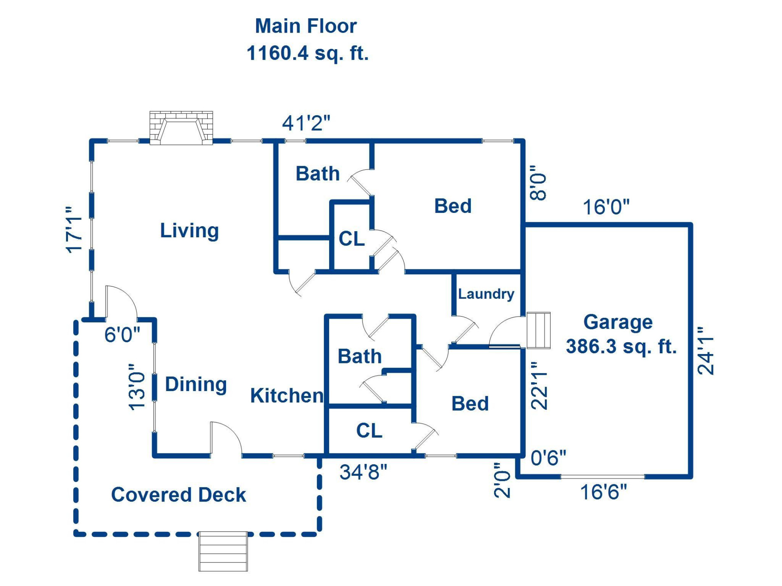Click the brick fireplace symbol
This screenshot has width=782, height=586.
[181, 128]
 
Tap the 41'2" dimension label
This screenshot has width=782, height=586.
[306, 123]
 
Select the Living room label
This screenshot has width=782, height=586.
[189, 231]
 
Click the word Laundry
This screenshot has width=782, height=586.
[486, 294]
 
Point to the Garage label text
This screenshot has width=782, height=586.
[618, 322]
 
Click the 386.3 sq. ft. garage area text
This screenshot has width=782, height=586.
[621, 347]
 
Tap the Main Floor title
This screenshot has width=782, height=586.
[306, 26]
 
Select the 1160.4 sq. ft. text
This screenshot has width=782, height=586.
[308, 53]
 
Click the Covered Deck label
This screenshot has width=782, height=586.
[178, 495]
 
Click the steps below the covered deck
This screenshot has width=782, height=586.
[223, 551]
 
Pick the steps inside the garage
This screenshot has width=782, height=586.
[538, 330]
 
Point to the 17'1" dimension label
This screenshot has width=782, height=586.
[75, 230]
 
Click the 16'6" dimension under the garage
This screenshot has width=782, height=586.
[603, 492]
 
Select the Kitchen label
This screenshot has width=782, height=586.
[287, 396]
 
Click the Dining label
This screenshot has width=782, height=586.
[196, 384]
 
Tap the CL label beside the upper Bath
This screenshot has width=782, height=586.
[351, 239]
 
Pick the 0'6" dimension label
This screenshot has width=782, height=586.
[548, 458]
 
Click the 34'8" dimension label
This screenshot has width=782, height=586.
[363, 472]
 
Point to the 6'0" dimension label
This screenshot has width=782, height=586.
[122, 335]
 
